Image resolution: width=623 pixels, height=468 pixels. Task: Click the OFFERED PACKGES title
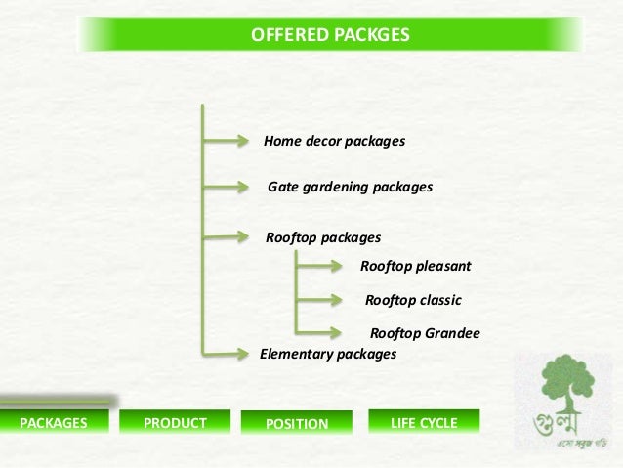click(331, 36)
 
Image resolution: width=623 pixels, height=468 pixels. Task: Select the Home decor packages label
click(334, 142)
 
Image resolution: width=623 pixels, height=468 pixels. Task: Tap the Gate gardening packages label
click(350, 186)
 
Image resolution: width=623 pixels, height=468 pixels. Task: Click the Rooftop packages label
click(323, 237)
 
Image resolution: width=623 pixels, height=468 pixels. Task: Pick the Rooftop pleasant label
click(416, 265)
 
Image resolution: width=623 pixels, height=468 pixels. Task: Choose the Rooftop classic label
click(412, 300)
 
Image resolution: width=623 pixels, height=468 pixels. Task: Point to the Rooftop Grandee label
click(425, 334)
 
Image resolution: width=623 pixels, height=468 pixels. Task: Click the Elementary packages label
click(328, 354)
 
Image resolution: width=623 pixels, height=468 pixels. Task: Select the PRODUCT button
click(175, 423)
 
